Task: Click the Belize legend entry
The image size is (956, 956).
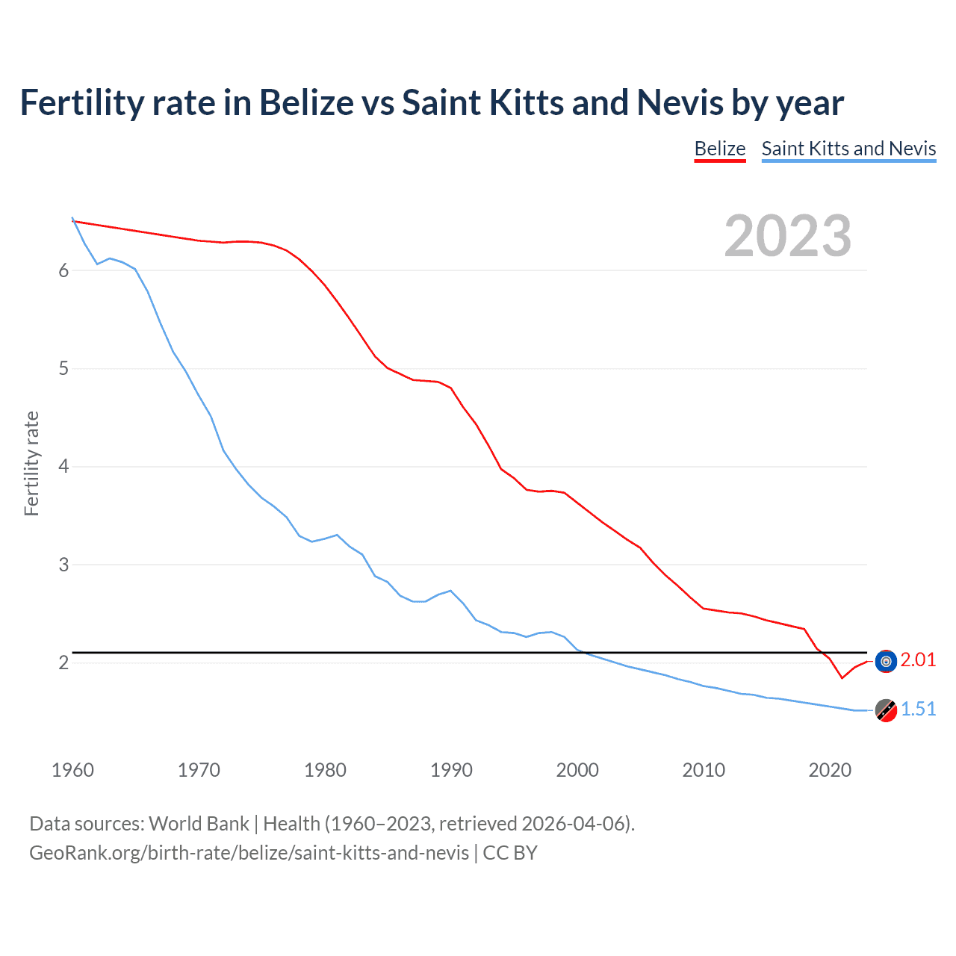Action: [719, 149]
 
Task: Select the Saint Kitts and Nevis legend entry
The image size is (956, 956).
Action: [848, 149]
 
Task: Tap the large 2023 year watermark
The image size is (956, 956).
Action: [787, 236]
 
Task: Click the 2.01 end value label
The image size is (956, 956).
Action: [918, 659]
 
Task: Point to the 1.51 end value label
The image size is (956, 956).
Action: [918, 709]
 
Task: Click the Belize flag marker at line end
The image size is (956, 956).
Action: [886, 661]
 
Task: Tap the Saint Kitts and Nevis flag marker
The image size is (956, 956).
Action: [886, 710]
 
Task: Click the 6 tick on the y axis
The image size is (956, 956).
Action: [63, 270]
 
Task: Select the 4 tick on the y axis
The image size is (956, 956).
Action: [63, 467]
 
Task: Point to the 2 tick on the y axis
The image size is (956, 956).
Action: [63, 662]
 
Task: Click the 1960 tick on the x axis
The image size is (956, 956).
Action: [72, 770]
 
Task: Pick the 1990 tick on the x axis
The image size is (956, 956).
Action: [451, 770]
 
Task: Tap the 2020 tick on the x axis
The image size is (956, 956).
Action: [830, 770]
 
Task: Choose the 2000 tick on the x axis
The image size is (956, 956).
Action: [577, 770]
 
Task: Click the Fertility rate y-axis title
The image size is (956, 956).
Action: [31, 463]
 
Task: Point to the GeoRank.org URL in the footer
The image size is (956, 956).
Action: [249, 853]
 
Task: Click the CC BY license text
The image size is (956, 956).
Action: [510, 853]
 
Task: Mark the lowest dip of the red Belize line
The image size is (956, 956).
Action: [842, 678]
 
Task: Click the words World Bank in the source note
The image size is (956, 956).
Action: [199, 824]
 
